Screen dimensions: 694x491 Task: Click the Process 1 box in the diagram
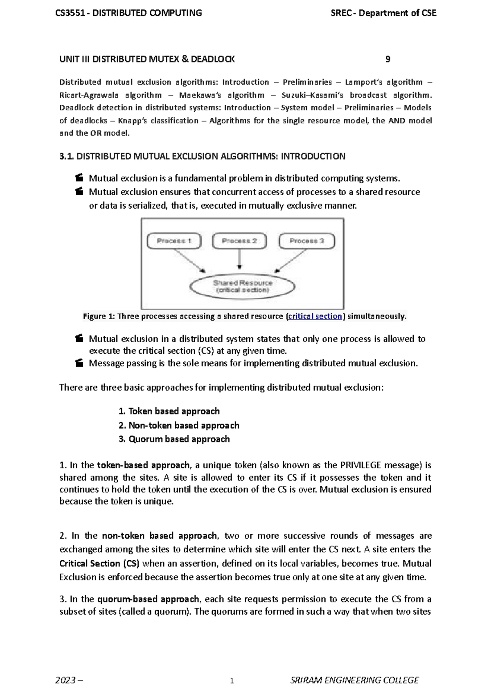pos(174,241)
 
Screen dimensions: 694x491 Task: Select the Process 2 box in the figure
pos(239,241)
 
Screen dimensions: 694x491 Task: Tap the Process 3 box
pos(306,241)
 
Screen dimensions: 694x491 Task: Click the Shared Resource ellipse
pos(243,286)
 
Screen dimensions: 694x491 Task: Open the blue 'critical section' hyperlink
pos(315,316)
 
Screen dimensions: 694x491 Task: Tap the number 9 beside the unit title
pos(388,59)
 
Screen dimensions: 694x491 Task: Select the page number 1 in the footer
pos(232,681)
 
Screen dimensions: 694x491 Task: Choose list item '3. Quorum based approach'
pos(174,439)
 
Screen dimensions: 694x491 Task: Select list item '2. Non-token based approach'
pos(179,425)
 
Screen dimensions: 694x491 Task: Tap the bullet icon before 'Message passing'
pos(79,363)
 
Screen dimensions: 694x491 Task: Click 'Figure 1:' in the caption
pos(99,316)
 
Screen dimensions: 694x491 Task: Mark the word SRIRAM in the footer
pos(306,681)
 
